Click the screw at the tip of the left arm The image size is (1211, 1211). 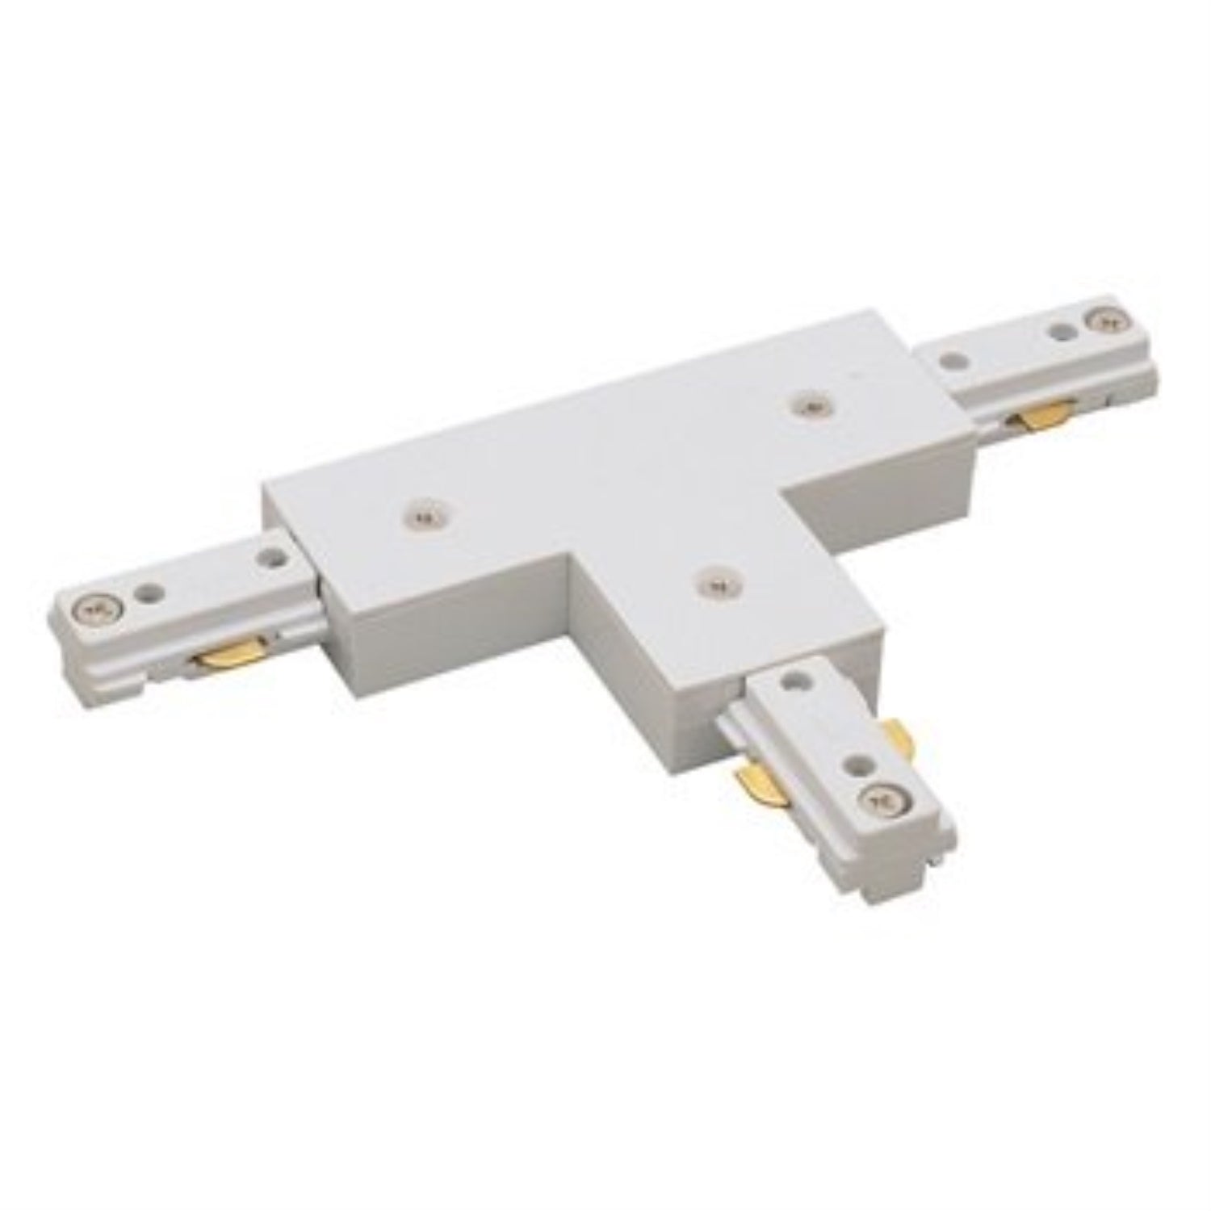click(99, 605)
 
